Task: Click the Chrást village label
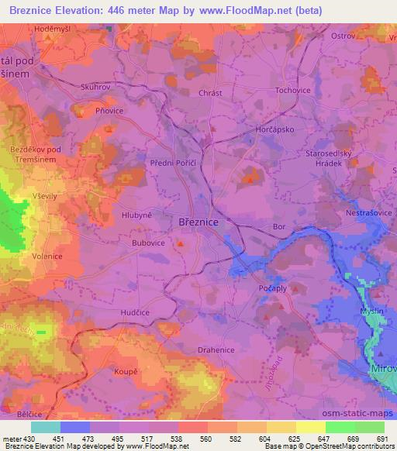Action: coord(210,93)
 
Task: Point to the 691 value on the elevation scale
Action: coord(380,439)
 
